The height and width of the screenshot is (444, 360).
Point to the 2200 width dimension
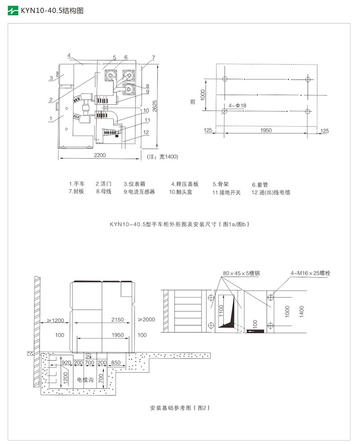(99, 155)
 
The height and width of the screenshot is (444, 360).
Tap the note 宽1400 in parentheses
(163, 157)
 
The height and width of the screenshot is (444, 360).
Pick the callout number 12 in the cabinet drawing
(146, 132)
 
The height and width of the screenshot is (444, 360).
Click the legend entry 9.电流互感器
(139, 192)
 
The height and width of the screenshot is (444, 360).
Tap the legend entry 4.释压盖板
(184, 184)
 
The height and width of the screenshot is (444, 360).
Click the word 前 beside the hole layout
(193, 102)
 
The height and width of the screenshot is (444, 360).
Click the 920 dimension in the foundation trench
(67, 362)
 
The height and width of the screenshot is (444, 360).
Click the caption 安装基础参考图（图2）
(180, 408)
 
